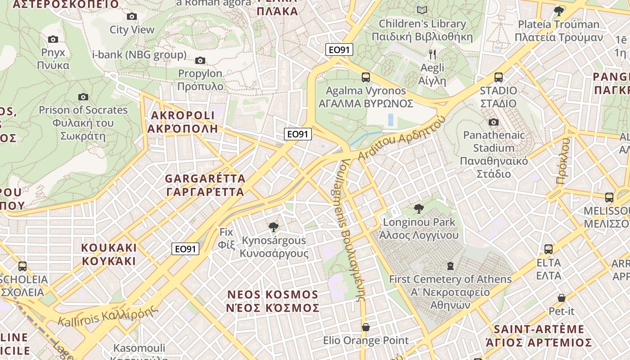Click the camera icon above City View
click(132, 17)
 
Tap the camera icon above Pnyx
click(53, 40)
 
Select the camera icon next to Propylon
click(200, 60)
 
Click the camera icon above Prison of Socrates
click(83, 97)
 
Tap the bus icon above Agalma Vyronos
click(366, 77)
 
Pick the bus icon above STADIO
click(499, 77)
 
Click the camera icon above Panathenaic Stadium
click(494, 122)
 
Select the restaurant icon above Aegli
click(432, 55)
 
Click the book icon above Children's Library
click(422, 10)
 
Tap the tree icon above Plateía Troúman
click(559, 11)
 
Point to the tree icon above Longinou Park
click(419, 209)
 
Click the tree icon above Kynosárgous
click(273, 227)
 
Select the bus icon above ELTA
click(549, 249)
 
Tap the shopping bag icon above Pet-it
click(562, 298)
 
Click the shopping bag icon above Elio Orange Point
click(366, 327)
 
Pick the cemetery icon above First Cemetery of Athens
click(450, 266)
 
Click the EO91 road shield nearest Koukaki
click(185, 249)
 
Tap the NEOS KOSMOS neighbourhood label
click(273, 301)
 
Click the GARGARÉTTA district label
click(205, 185)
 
